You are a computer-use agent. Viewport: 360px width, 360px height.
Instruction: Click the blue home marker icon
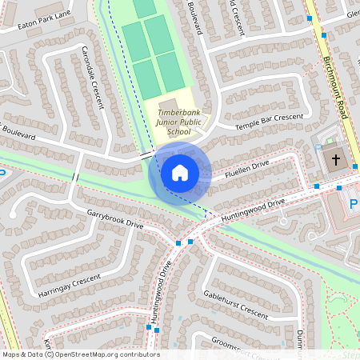(x=180, y=173)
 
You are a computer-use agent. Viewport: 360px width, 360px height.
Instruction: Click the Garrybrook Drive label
(x=115, y=219)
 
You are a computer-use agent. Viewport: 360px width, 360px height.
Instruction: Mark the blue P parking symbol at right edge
(x=354, y=205)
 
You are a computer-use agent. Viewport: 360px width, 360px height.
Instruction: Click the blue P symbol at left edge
(x=2, y=172)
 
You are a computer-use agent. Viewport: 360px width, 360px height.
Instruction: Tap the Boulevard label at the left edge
(x=18, y=137)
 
